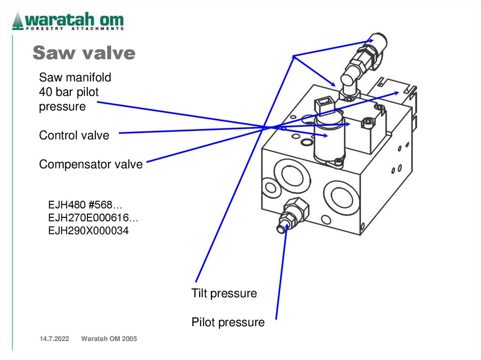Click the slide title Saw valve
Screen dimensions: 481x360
coord(84,53)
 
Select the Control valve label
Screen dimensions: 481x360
coord(74,135)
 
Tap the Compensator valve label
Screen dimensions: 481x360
coord(91,164)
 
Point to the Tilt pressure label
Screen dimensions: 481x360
coord(224,293)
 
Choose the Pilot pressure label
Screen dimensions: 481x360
coord(228,322)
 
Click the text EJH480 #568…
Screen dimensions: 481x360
coord(85,205)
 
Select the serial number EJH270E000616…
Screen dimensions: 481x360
coord(93,218)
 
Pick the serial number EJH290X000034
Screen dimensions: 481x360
coord(88,230)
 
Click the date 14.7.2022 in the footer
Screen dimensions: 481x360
coord(54,339)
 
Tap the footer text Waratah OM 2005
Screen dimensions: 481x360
coord(109,339)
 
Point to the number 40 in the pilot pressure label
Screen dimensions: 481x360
coord(46,92)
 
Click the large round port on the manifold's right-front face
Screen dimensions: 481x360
coord(341,197)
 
